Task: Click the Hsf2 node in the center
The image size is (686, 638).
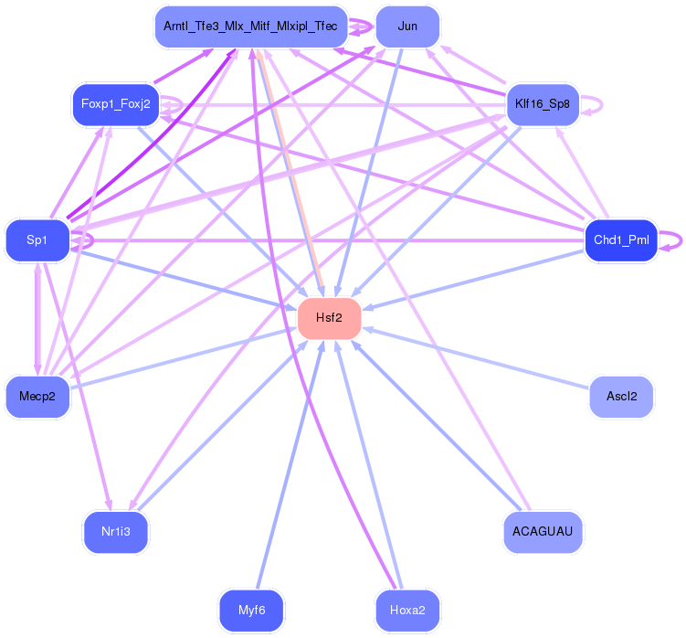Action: [x=329, y=318]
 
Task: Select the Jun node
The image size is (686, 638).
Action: [x=407, y=27]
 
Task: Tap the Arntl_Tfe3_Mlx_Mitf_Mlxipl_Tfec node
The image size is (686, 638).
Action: [x=250, y=27]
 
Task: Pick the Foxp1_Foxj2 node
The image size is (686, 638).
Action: [x=115, y=104]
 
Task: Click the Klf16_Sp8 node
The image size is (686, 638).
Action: [x=543, y=104]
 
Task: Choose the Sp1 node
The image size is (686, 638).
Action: [x=37, y=240]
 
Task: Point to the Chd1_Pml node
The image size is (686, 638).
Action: [x=621, y=240]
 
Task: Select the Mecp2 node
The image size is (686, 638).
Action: [x=37, y=397]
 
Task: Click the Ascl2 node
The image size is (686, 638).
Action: [x=621, y=397]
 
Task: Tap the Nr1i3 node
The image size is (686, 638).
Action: [x=115, y=532]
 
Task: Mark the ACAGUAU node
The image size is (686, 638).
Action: [x=543, y=532]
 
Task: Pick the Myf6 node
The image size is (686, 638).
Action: [x=251, y=611]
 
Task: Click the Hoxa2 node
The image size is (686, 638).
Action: [x=407, y=611]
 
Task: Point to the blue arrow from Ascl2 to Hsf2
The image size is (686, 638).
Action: [x=476, y=357]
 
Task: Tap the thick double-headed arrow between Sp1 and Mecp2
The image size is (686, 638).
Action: [x=37, y=319]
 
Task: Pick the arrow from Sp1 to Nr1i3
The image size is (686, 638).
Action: [x=78, y=387]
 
